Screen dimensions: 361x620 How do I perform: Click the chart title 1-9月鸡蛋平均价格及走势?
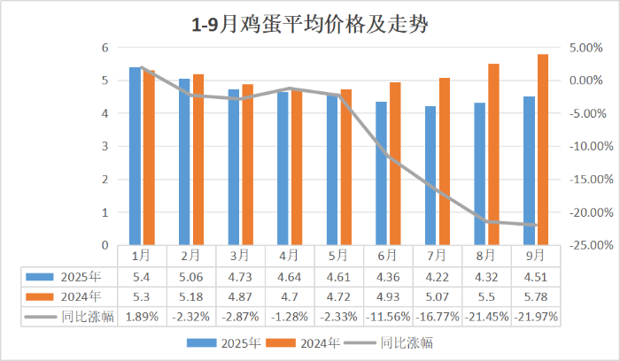click(x=309, y=24)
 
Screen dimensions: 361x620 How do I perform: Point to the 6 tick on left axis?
click(x=105, y=48)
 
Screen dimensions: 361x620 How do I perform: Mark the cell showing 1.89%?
click(x=142, y=316)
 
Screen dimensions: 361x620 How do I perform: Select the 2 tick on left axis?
click(x=105, y=180)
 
